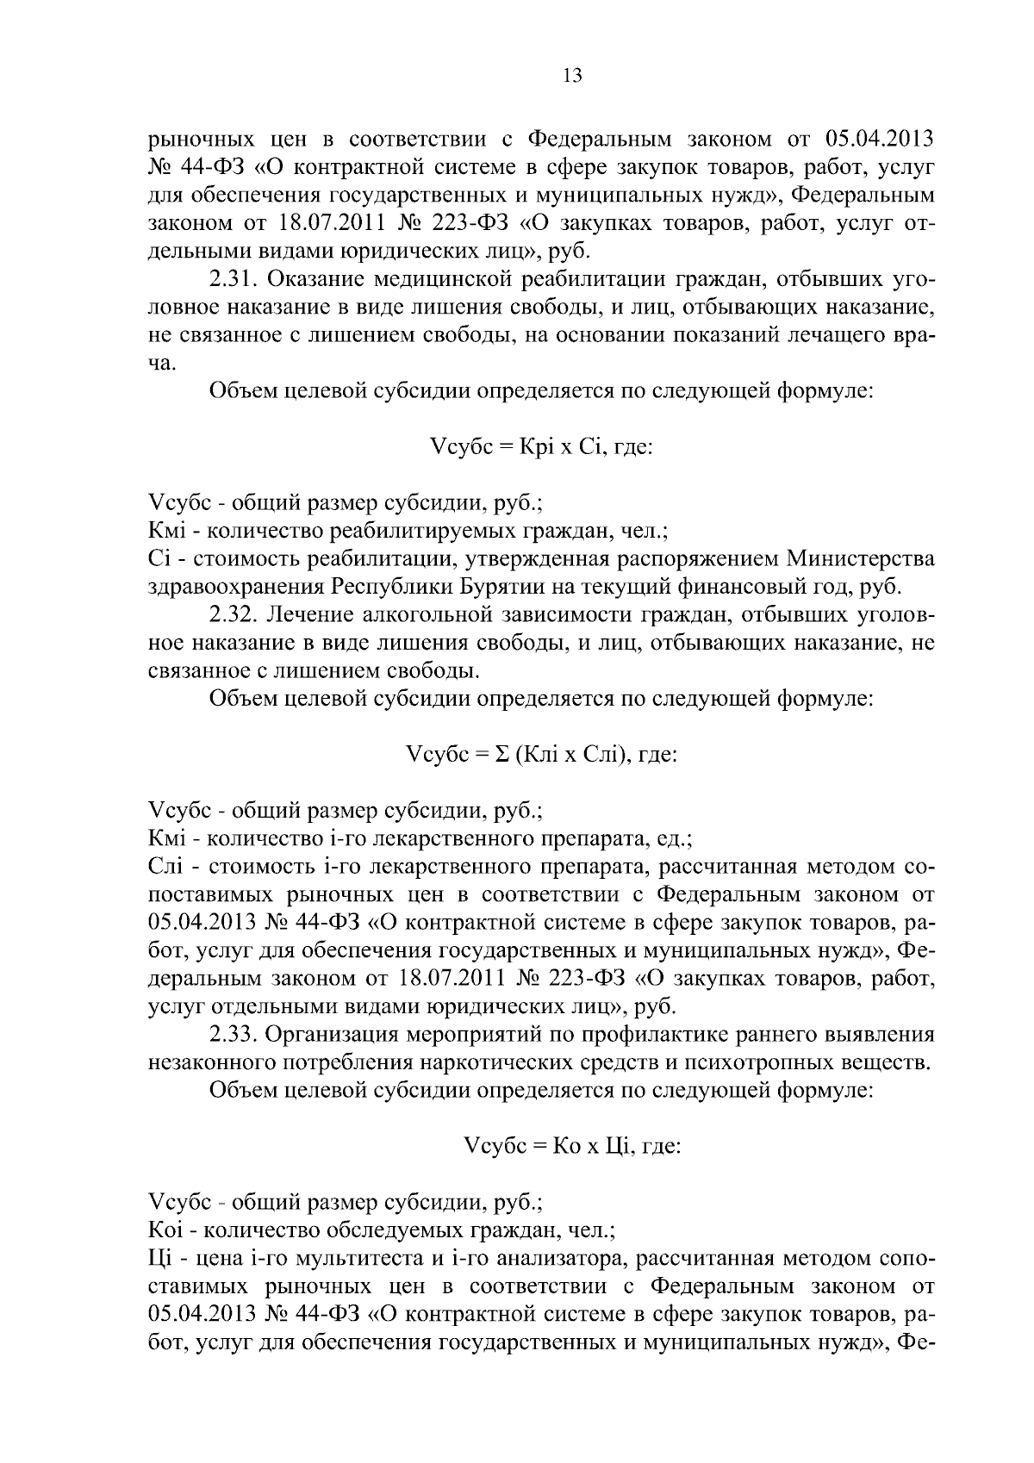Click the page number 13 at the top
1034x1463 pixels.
click(x=572, y=76)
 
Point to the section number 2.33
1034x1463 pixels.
click(x=234, y=1034)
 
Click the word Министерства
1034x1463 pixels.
click(x=861, y=559)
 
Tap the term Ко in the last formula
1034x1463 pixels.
click(x=570, y=1146)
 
